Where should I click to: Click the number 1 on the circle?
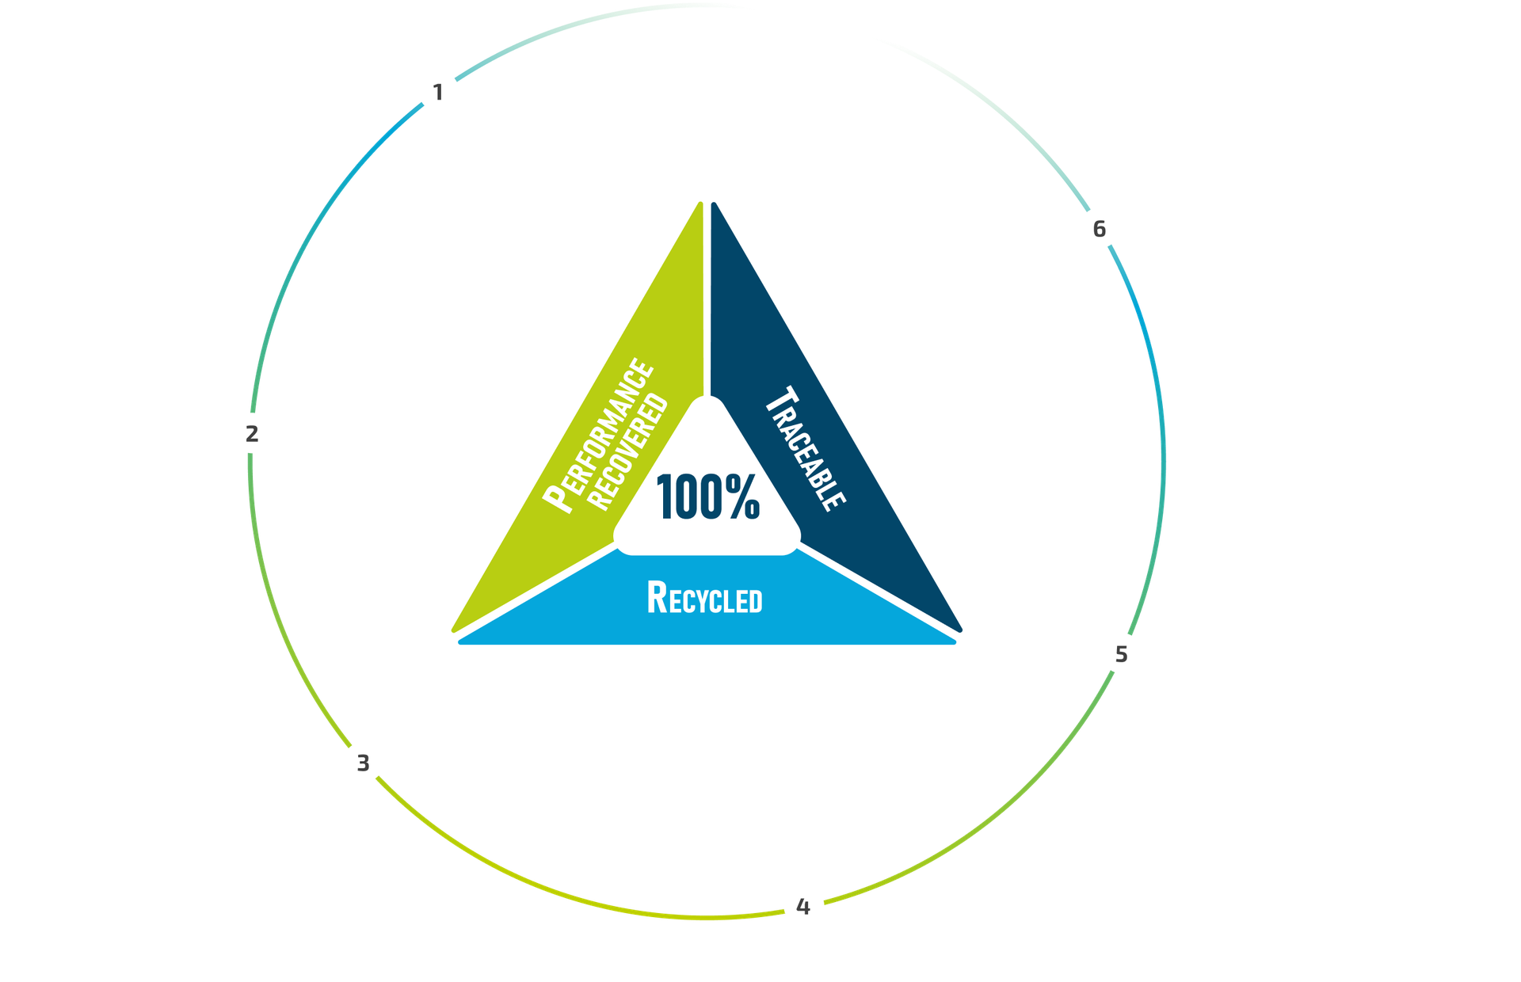pyautogui.click(x=438, y=93)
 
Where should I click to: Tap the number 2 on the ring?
pyautogui.click(x=252, y=434)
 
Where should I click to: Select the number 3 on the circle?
pyautogui.click(x=363, y=763)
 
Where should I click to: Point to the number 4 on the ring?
pyautogui.click(x=803, y=908)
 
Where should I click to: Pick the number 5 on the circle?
pyautogui.click(x=1122, y=655)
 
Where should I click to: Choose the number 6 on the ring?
pyautogui.click(x=1100, y=230)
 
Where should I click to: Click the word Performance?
pyautogui.click(x=598, y=436)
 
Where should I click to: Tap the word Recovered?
pyautogui.click(x=628, y=451)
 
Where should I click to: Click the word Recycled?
pyautogui.click(x=705, y=598)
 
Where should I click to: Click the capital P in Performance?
pyautogui.click(x=557, y=497)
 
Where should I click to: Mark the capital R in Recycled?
pyautogui.click(x=658, y=598)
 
